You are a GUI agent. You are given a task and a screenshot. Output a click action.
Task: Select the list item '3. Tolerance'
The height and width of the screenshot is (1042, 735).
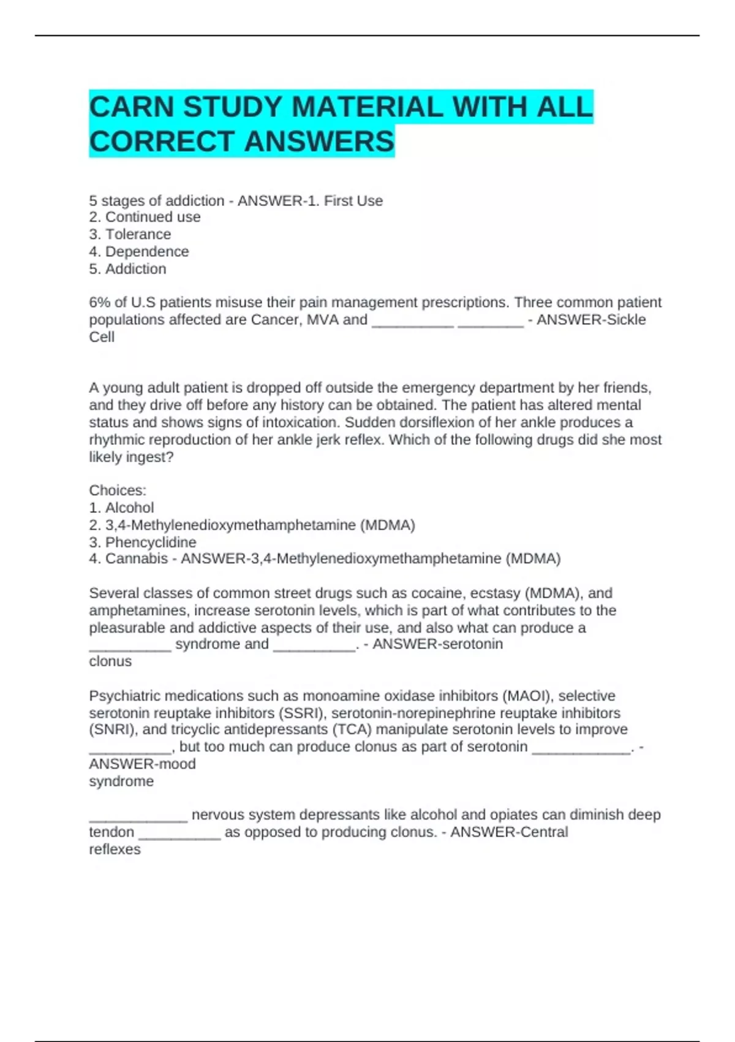(130, 234)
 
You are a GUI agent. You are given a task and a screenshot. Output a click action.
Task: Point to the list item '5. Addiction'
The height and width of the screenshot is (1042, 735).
(127, 268)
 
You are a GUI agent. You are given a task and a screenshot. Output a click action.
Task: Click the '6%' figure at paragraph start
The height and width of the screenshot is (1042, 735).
(99, 302)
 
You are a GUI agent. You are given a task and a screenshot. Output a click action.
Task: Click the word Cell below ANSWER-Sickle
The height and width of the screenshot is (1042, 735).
(102, 337)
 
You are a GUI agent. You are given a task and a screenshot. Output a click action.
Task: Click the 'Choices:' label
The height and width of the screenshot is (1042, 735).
(118, 490)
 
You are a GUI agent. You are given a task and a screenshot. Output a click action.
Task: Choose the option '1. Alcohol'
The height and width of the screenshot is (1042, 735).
(121, 508)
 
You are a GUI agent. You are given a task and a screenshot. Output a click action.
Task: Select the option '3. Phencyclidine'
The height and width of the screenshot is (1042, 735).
(143, 542)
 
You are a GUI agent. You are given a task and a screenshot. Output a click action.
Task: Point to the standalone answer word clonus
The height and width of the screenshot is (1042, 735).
(110, 661)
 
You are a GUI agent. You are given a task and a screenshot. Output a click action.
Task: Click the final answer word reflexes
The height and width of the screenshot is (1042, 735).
(115, 849)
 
